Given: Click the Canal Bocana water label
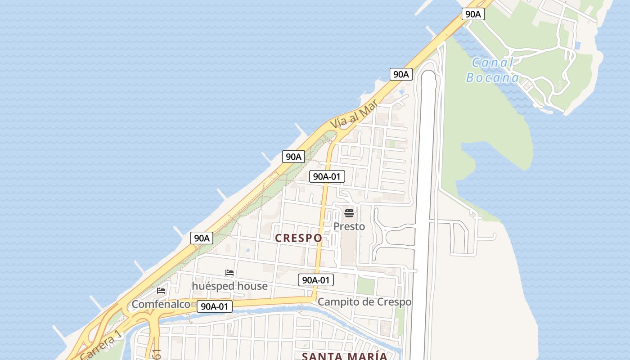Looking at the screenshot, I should pyautogui.click(x=492, y=70).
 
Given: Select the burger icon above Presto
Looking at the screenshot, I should pyautogui.click(x=349, y=213).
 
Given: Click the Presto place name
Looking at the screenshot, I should pyautogui.click(x=349, y=226).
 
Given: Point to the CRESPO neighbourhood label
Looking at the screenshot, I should pyautogui.click(x=298, y=238).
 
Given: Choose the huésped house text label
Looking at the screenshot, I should pyautogui.click(x=229, y=286).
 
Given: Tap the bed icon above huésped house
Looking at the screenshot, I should pyautogui.click(x=229, y=273).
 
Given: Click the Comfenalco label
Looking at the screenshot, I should pyautogui.click(x=161, y=304).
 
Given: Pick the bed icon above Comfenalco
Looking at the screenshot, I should pyautogui.click(x=161, y=291).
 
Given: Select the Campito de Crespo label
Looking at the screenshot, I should pyautogui.click(x=364, y=302).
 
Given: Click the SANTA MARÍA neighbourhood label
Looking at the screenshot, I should pyautogui.click(x=344, y=356).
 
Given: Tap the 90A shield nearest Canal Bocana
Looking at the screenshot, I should pyautogui.click(x=473, y=14).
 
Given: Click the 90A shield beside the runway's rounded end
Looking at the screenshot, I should pyautogui.click(x=400, y=74).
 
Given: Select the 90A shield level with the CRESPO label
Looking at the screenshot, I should pyautogui.click(x=202, y=238).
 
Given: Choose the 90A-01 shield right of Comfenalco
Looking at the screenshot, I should pyautogui.click(x=215, y=306).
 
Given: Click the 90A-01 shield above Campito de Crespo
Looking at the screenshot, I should pyautogui.click(x=316, y=280).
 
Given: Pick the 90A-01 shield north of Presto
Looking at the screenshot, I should pyautogui.click(x=327, y=176).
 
